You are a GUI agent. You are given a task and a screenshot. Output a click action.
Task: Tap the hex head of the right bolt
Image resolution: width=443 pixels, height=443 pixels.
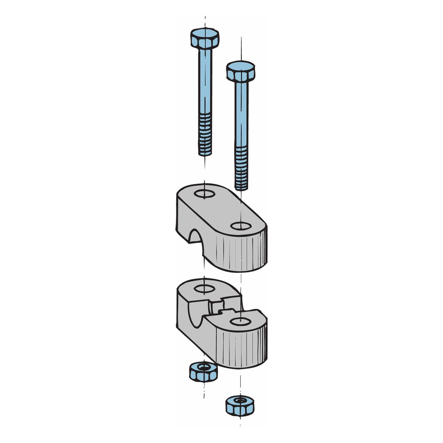240,70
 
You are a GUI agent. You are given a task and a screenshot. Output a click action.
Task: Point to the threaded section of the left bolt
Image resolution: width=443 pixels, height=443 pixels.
205,133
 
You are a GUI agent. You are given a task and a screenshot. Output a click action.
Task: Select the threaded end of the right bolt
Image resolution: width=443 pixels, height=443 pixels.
241,168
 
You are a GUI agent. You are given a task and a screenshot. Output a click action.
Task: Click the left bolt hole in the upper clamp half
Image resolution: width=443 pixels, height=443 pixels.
204,193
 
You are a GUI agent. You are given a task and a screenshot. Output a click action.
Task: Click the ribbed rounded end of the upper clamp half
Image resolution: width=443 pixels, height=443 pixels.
241,252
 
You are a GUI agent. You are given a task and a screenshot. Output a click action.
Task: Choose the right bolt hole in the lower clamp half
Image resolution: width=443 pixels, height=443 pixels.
240,322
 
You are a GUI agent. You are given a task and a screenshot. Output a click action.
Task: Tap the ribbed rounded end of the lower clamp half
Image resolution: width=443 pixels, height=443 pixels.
241,346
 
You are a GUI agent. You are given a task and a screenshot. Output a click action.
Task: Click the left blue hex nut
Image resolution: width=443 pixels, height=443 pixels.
203,371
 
